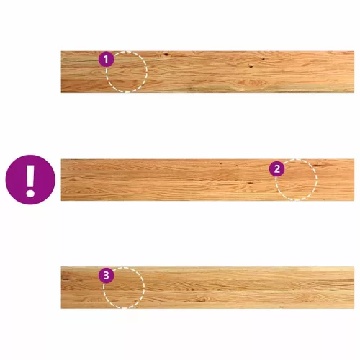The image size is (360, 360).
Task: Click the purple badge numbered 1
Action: coord(107,59)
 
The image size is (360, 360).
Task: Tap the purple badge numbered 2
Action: coord(276,168)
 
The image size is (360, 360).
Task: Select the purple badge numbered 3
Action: coord(107,275)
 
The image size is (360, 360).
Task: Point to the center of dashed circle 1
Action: coord(127,71)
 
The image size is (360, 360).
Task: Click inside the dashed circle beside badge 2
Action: coord(296,179)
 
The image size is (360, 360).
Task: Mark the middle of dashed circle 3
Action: coord(124,287)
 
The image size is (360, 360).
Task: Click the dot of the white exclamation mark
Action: coord(30,193)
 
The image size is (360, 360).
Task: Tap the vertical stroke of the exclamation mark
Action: coord(30,176)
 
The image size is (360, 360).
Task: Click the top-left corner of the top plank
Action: coord(61,51)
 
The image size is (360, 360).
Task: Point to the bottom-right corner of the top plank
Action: coord(354,92)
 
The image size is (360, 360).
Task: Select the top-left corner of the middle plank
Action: coord(61,159)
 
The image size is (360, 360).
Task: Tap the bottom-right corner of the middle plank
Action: coord(354,201)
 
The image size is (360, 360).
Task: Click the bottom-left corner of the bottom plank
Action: coord(61,308)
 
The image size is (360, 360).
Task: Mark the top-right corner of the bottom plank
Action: coord(354,266)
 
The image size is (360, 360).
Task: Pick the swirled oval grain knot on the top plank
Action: coord(252,83)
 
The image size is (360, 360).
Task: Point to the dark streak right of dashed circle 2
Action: coord(320,165)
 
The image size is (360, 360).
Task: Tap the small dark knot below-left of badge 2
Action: coord(250,183)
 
